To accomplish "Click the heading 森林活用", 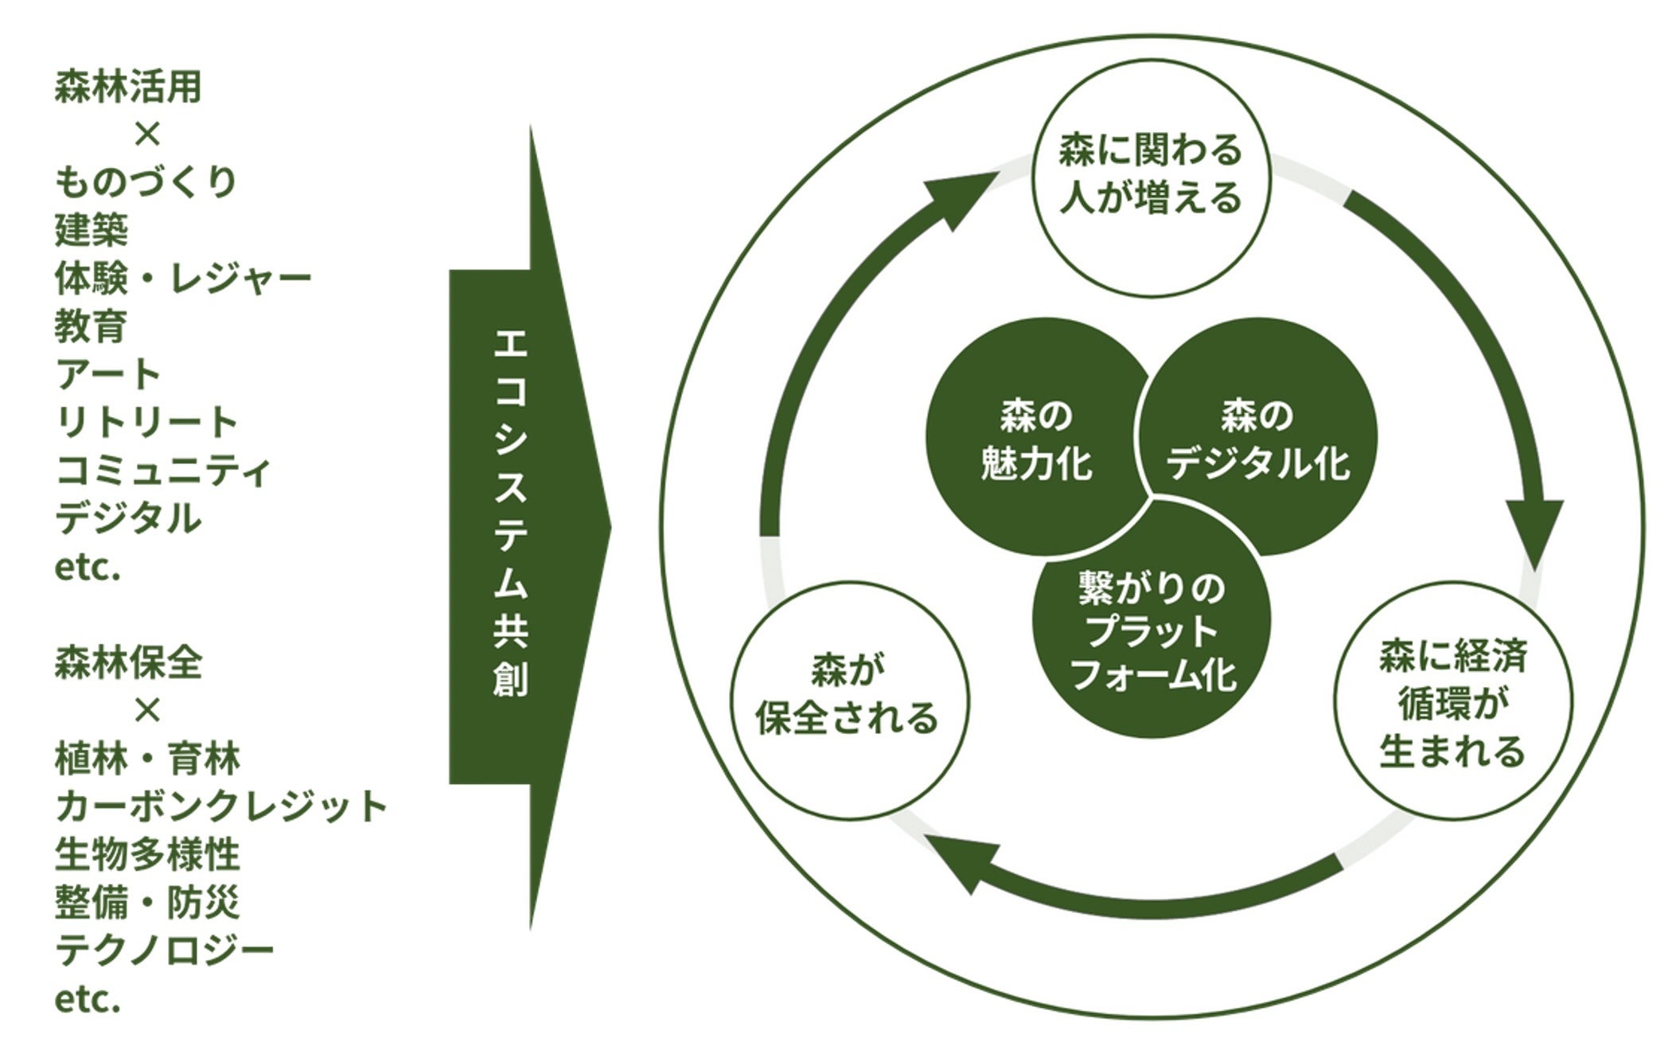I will [x=127, y=87].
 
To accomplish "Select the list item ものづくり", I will [x=146, y=182].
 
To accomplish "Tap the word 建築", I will [x=91, y=230].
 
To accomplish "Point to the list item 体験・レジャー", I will [x=182, y=278].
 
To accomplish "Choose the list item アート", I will [x=108, y=374].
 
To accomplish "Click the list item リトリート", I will [x=146, y=422].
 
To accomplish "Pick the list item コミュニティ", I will [x=163, y=470].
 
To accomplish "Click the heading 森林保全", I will [x=127, y=663].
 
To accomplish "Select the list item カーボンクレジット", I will [x=220, y=806].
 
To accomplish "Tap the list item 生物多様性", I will [x=146, y=854].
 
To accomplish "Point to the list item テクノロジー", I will [x=164, y=950].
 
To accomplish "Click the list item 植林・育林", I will [x=146, y=759].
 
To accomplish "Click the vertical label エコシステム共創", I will [x=510, y=513].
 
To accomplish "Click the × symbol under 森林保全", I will [x=147, y=709].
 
